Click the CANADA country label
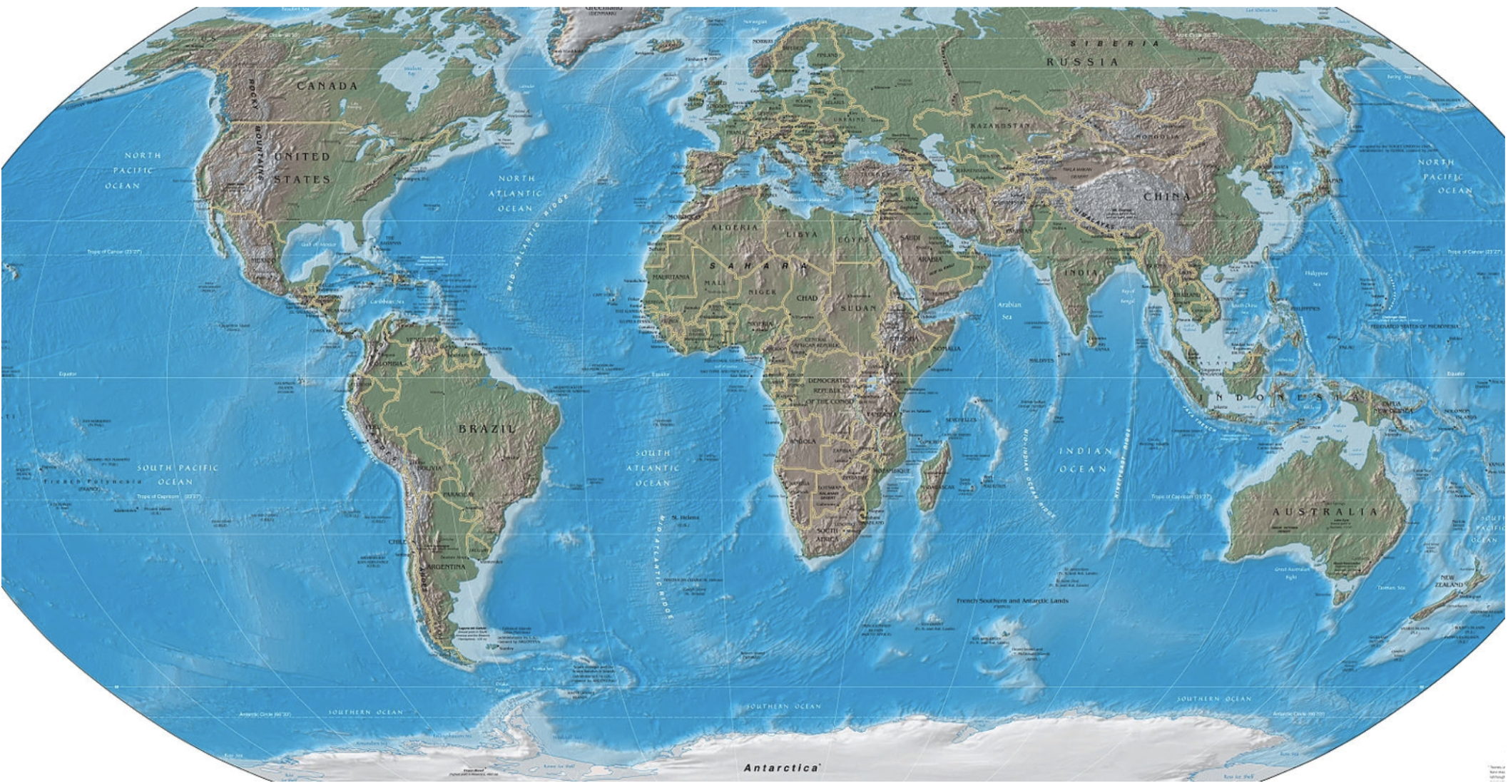pos(327,86)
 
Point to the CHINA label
pos(1166,196)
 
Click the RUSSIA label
pos(1082,62)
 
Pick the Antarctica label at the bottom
pos(781,768)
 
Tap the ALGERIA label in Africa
pos(735,227)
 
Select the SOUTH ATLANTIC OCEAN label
pos(653,468)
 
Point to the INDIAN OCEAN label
pos(1084,460)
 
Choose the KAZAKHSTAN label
pos(1000,126)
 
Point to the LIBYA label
pos(802,234)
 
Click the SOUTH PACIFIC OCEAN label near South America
pos(177,474)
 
